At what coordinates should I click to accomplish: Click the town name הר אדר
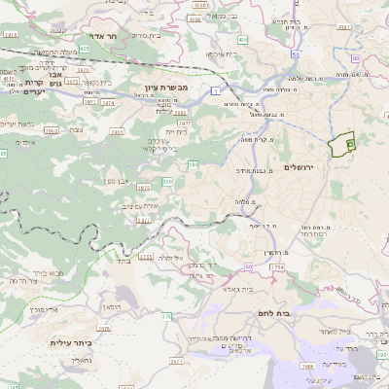(104, 36)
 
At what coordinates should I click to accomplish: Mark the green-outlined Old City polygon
(342, 146)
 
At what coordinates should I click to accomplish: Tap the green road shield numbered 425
(84, 47)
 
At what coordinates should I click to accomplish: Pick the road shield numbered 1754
(277, 266)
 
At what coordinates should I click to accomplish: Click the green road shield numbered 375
(166, 316)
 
